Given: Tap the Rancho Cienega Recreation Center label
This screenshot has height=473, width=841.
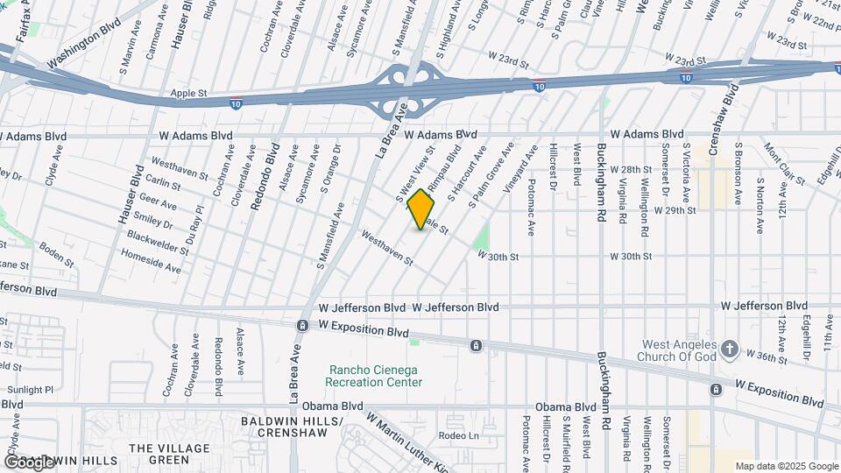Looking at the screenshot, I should pyautogui.click(x=374, y=376).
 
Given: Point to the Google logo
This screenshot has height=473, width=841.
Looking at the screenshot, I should pyautogui.click(x=28, y=462).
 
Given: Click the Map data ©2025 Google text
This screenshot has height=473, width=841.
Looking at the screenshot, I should pyautogui.click(x=787, y=466).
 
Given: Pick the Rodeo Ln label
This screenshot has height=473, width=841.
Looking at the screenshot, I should pyautogui.click(x=460, y=436).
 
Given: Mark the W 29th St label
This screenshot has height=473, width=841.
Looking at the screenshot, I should pyautogui.click(x=675, y=210).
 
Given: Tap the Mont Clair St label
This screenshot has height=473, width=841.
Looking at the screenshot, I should pyautogui.click(x=784, y=164).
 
